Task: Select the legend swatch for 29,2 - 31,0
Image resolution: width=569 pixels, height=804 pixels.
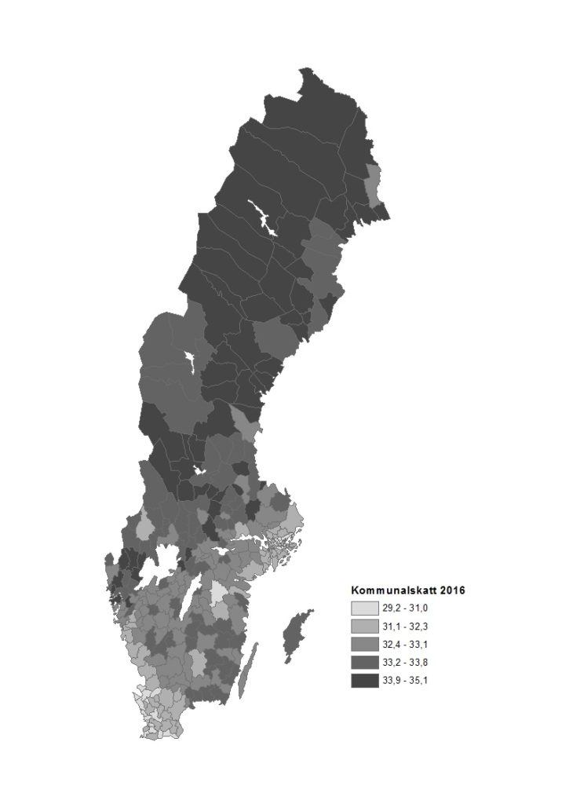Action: (x=363, y=608)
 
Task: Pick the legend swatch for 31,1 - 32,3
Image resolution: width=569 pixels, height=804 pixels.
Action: (x=363, y=627)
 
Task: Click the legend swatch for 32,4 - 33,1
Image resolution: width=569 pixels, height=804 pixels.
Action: (x=363, y=645)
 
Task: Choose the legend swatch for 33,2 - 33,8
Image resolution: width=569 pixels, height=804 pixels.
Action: (x=363, y=663)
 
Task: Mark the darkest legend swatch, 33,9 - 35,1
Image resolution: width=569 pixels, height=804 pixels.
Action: (x=363, y=681)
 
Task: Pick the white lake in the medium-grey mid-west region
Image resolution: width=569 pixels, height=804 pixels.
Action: (x=191, y=366)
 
